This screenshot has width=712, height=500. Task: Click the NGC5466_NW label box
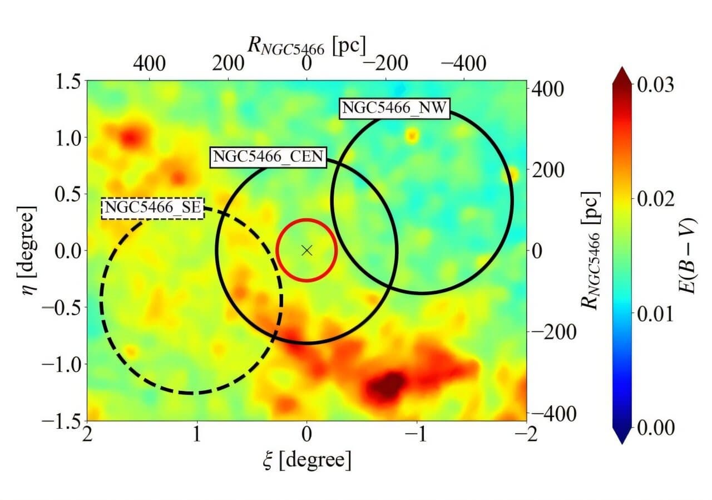(x=394, y=108)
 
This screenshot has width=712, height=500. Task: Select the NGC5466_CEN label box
(x=267, y=157)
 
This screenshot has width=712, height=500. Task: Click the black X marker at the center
(x=306, y=250)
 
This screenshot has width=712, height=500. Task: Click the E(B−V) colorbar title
(x=688, y=256)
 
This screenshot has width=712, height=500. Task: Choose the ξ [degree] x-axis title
(x=306, y=460)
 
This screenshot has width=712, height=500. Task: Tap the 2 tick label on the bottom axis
(x=87, y=435)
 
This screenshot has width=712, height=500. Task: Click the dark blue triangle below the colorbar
(x=623, y=434)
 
